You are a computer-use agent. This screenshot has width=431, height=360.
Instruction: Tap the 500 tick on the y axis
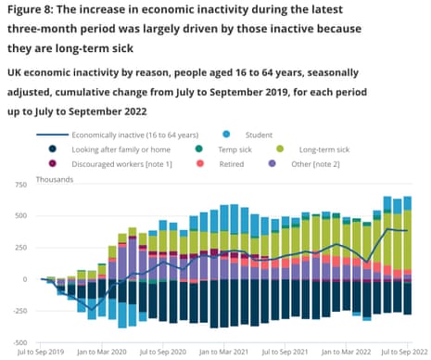coord(20,215)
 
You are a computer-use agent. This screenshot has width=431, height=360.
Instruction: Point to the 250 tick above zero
coord(20,247)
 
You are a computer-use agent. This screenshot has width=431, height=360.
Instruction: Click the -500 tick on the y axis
coord(19,342)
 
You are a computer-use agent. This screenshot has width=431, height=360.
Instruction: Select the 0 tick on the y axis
coord(26,278)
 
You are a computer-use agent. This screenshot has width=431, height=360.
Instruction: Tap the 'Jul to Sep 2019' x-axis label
coord(41,353)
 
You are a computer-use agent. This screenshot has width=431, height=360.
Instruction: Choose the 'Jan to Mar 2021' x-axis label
coord(223,353)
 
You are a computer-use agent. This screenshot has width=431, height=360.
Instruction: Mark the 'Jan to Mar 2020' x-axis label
coord(102,353)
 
